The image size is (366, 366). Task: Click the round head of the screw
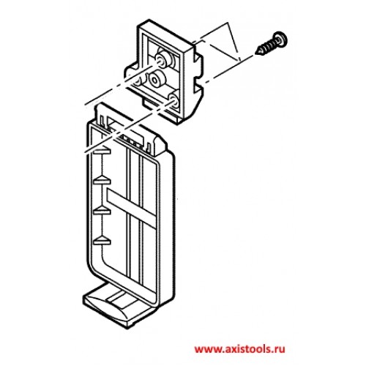pos(280,39)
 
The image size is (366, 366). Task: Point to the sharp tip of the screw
pos(255,53)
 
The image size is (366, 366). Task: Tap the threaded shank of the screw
pos(266,47)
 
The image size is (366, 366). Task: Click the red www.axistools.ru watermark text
pos(239,349)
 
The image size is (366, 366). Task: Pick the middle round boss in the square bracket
pos(156,78)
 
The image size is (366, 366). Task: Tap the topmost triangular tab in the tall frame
pos(102,151)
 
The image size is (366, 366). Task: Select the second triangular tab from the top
pos(102,181)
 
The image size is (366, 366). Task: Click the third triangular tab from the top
pos(102,210)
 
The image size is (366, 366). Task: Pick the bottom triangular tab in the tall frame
pos(102,240)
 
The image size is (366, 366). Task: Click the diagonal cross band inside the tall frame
pos(131,208)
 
